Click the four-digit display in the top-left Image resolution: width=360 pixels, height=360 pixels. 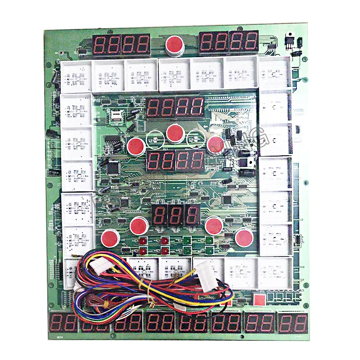coord(122,45)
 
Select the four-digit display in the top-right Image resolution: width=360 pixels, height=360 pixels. coord(229,42)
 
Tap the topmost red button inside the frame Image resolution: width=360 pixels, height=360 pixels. coord(175,133)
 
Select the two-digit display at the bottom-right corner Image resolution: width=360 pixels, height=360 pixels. coord(293,323)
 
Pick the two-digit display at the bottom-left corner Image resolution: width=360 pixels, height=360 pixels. coord(61,323)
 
